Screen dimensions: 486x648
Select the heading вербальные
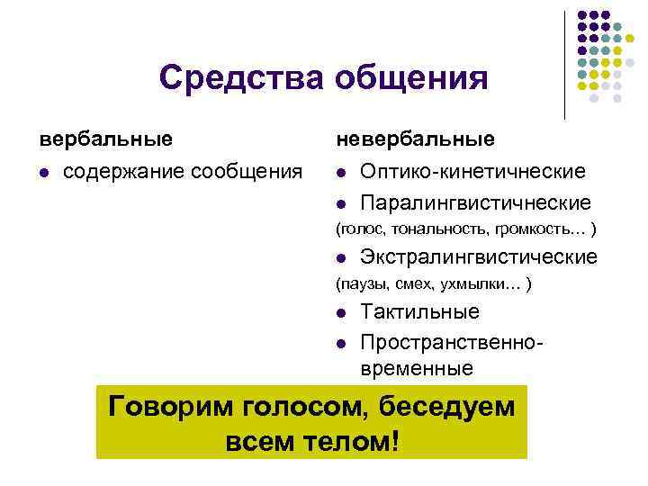104,139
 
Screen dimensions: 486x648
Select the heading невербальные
415,139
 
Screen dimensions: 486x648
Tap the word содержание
120,171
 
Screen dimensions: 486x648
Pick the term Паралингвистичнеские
475,202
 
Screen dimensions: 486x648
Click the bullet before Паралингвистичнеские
342,203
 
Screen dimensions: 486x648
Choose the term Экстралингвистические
478,257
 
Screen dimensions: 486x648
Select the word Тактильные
419,312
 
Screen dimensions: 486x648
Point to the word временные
416,368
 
